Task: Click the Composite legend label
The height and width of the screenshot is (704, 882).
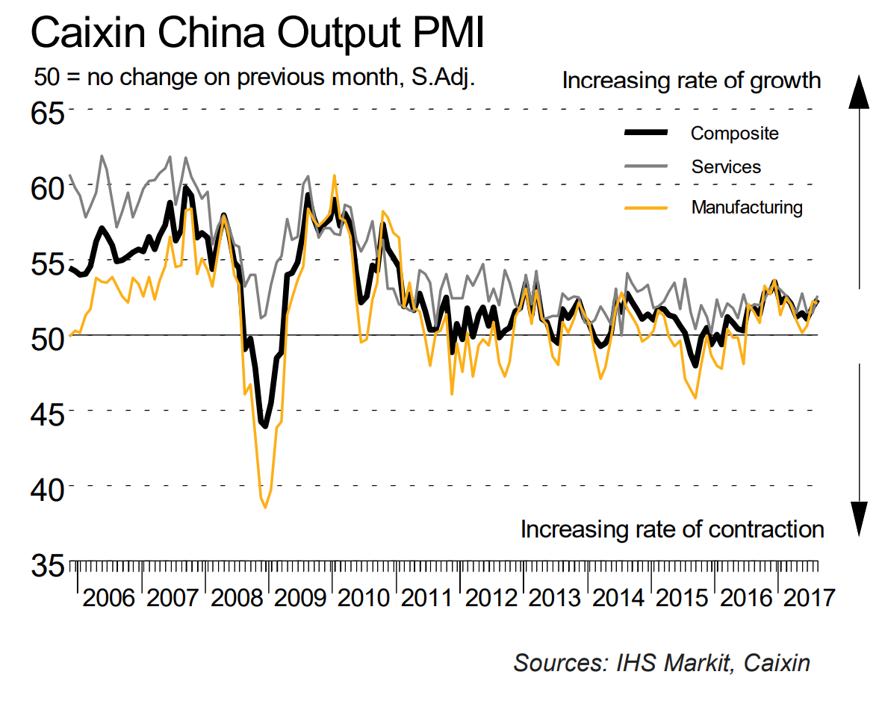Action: tap(734, 134)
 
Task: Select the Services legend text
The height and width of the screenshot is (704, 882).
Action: tap(726, 167)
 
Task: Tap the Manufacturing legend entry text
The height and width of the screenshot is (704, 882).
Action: tap(747, 207)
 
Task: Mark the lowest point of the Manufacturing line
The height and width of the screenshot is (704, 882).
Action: tap(265, 508)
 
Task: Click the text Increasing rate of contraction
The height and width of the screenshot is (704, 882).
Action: tap(672, 529)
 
